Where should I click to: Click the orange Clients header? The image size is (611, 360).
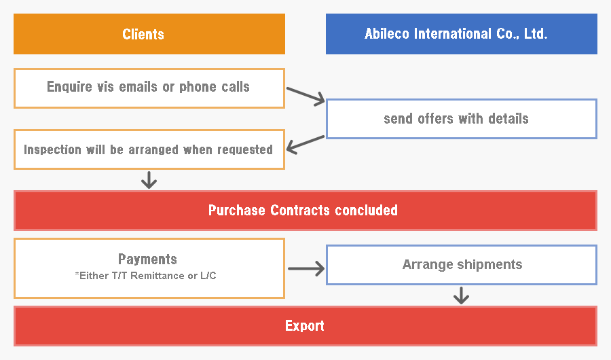point(149,34)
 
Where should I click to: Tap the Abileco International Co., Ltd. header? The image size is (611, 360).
point(462,34)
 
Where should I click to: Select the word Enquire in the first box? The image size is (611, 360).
point(69,86)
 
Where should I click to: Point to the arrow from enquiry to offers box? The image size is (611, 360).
point(305,96)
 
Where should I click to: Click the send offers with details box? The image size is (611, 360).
point(462,119)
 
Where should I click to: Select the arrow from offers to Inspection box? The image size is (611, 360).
point(305,145)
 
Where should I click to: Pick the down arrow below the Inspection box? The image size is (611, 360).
point(149,180)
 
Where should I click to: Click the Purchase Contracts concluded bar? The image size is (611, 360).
point(305,211)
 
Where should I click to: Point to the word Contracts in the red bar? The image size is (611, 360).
point(300,211)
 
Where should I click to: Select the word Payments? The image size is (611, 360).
point(148,259)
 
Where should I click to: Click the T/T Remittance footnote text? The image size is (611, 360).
point(145,276)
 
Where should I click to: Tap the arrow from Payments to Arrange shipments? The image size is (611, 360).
point(306,268)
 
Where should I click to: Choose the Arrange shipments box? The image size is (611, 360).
point(462,265)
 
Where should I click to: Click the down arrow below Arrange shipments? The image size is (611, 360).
point(462,295)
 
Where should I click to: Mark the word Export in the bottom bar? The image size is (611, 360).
point(305,325)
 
